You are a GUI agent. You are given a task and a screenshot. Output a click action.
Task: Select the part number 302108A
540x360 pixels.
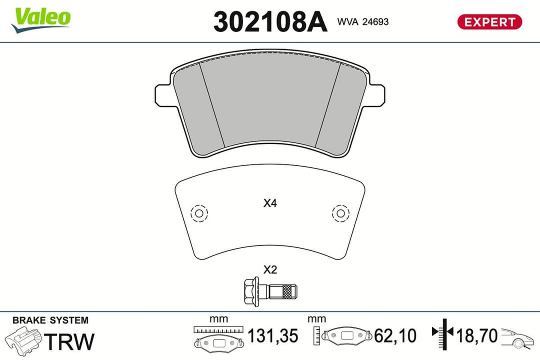[270, 22]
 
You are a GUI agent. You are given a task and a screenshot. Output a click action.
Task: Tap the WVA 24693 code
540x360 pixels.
[363, 22]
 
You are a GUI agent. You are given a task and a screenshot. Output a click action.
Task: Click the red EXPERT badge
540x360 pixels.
[489, 22]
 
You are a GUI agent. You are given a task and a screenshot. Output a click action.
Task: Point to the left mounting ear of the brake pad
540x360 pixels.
[163, 94]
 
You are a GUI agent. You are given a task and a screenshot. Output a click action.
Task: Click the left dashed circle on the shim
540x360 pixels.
[199, 213]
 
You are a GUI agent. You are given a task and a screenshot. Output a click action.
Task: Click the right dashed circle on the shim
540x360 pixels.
[340, 213]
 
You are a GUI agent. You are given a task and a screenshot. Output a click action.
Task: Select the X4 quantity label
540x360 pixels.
[270, 203]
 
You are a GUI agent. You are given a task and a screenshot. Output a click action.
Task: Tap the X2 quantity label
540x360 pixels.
[270, 270]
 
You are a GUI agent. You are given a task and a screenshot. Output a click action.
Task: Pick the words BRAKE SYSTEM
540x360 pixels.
[50, 320]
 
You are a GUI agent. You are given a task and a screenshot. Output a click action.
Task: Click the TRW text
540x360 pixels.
[69, 341]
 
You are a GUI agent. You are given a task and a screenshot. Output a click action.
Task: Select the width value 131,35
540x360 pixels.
[273, 336]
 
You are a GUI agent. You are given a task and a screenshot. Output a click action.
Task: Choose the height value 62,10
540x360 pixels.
[395, 336]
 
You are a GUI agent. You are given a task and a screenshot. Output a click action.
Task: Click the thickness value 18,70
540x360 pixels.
[476, 335]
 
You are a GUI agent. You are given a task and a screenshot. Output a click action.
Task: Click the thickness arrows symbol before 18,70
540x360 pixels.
[442, 332]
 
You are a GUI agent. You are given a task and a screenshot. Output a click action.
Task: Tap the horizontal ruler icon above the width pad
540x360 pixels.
[218, 329]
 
